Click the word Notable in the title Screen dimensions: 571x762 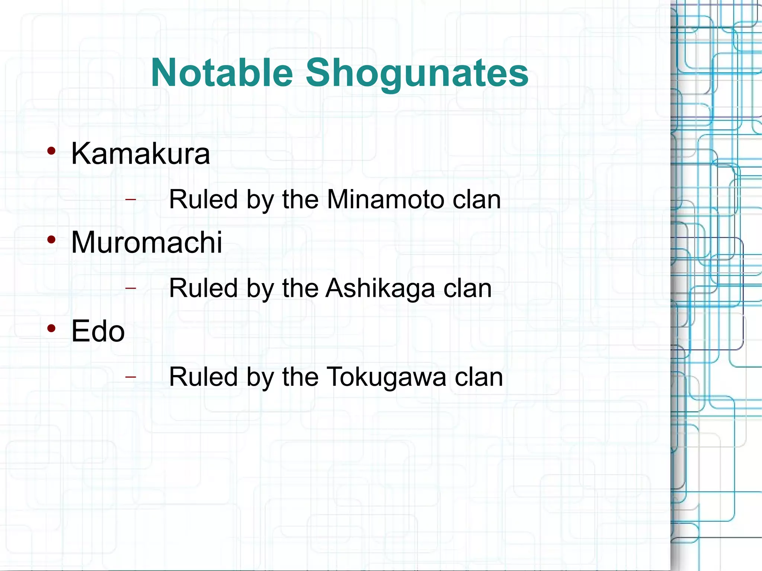click(x=222, y=73)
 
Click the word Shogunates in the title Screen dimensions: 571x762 click(x=417, y=73)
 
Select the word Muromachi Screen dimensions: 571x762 click(x=147, y=243)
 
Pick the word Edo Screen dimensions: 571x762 click(x=98, y=331)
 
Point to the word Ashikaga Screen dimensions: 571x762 click(x=380, y=288)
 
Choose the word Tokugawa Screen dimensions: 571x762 click(x=386, y=377)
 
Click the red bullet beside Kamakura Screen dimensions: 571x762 click(x=51, y=151)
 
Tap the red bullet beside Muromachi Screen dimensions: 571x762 click(x=51, y=240)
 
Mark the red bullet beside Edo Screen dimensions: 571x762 click(x=51, y=328)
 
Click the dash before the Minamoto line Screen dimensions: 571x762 click(x=131, y=199)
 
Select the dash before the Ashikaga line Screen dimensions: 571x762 click(x=131, y=288)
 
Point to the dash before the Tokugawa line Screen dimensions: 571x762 click(x=131, y=377)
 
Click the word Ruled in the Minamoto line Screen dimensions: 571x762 click(x=203, y=199)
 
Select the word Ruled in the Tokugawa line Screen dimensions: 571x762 click(x=203, y=377)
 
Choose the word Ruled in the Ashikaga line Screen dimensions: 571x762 click(x=203, y=288)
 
